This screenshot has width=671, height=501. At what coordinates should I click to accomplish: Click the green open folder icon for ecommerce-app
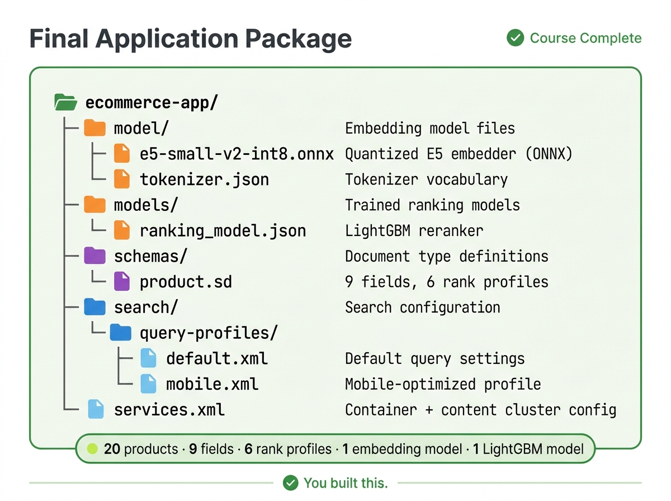click(x=66, y=102)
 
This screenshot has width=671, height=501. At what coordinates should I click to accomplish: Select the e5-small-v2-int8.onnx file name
click(x=237, y=154)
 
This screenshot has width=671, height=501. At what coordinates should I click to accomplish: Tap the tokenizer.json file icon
click(x=121, y=179)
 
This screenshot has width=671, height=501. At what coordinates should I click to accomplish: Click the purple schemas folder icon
click(x=94, y=256)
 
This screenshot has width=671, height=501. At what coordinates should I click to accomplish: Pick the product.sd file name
click(x=186, y=282)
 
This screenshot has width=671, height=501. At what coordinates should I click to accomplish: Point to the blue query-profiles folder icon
click(x=121, y=333)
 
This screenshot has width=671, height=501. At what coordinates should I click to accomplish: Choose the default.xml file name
click(x=217, y=358)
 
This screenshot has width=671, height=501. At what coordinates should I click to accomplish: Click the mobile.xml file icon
click(x=148, y=384)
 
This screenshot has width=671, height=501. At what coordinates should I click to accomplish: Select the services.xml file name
click(x=169, y=410)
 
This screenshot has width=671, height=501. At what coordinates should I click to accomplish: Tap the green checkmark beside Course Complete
click(x=515, y=38)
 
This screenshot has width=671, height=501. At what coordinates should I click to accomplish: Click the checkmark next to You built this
click(x=290, y=483)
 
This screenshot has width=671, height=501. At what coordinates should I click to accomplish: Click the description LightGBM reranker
click(x=414, y=230)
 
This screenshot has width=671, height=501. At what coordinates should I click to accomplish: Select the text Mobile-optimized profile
click(x=443, y=384)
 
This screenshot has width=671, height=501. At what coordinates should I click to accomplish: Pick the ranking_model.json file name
click(x=223, y=230)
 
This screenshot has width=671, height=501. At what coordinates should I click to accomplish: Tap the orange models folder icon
click(x=94, y=205)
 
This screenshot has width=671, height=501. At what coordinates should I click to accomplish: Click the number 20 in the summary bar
click(x=112, y=448)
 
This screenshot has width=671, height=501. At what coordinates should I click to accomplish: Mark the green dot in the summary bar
click(x=93, y=448)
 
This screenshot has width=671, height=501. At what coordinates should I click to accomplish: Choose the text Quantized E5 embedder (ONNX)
click(x=459, y=154)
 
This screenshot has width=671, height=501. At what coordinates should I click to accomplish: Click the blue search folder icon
click(x=94, y=307)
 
